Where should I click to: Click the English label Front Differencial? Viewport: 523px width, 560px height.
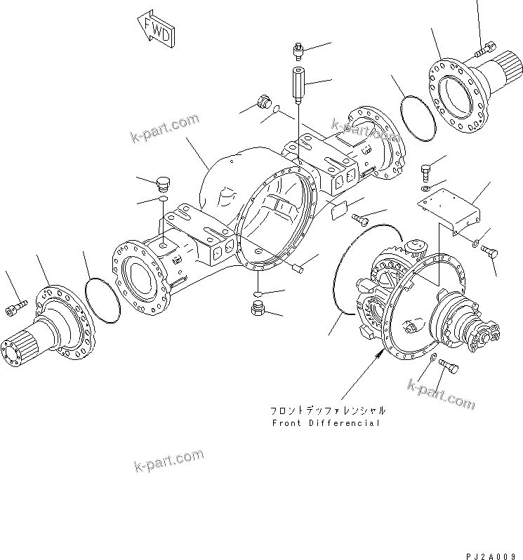click(x=326, y=423)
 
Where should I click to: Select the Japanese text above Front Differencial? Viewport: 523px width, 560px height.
click(x=327, y=410)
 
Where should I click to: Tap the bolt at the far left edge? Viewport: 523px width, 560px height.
click(x=18, y=305)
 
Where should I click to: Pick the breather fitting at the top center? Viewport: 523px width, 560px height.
click(x=298, y=51)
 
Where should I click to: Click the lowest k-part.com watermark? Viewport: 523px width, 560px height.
click(x=168, y=462)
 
